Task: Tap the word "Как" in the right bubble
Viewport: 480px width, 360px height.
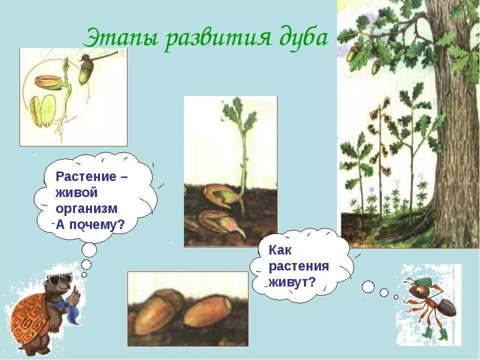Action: tap(280, 250)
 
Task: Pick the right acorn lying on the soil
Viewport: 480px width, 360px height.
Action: tap(207, 311)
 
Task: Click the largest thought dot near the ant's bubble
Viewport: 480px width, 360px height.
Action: tap(368, 286)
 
